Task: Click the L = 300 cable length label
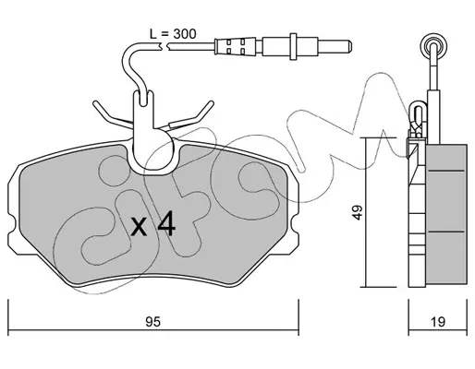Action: (173, 34)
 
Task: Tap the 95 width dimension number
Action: (152, 322)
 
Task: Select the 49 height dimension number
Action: (358, 212)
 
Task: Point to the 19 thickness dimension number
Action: (438, 322)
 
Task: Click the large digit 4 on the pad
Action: (166, 224)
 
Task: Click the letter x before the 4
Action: (139, 228)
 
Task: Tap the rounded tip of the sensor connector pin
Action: (349, 46)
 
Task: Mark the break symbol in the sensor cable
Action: (164, 46)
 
